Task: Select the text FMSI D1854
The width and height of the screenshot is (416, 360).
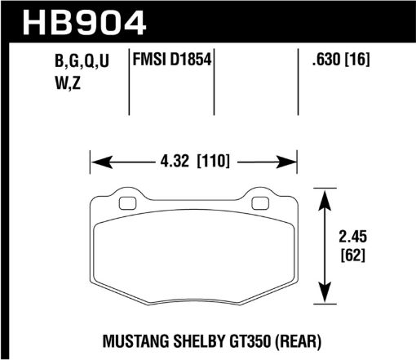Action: (x=172, y=58)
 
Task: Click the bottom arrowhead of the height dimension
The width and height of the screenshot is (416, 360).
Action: (x=328, y=300)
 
